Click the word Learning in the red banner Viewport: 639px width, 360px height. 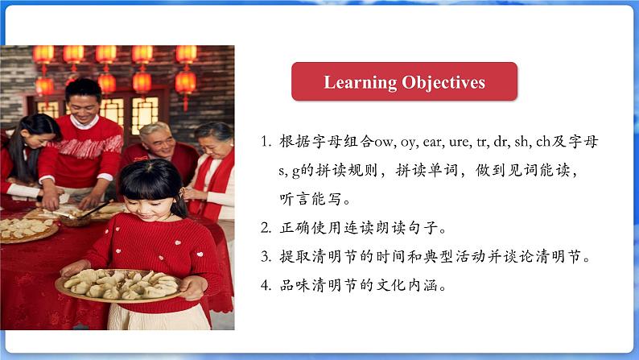[x=360, y=83]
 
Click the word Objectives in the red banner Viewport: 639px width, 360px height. [x=443, y=83]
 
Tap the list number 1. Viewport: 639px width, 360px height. [x=266, y=142]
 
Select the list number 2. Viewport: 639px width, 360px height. [x=266, y=228]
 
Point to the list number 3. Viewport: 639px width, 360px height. [x=266, y=256]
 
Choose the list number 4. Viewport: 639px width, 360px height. [x=266, y=285]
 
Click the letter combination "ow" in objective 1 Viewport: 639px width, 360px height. [x=384, y=143]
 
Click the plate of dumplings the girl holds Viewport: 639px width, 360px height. [x=118, y=285]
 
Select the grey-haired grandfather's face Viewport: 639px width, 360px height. [x=158, y=143]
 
